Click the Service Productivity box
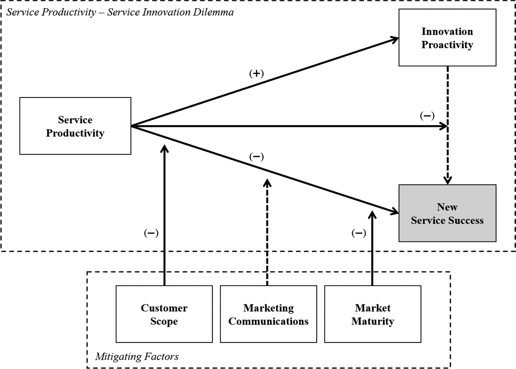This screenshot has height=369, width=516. (x=75, y=126)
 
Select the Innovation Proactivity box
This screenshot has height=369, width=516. (x=447, y=38)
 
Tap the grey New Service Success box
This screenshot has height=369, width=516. (x=447, y=213)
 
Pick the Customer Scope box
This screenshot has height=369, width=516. (x=164, y=314)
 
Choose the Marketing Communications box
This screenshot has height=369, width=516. (x=268, y=314)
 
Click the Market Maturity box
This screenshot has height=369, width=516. (x=373, y=314)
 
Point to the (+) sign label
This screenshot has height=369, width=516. (x=256, y=74)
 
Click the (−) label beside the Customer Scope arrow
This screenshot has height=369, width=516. (x=151, y=233)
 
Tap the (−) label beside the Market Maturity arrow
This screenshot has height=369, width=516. (x=359, y=233)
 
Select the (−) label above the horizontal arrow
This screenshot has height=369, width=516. (x=427, y=116)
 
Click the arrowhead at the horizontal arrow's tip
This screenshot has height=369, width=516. (x=443, y=126)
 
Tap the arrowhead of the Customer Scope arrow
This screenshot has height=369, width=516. (x=164, y=149)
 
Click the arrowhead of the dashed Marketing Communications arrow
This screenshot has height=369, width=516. (x=267, y=183)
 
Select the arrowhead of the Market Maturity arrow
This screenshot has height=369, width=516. (x=372, y=215)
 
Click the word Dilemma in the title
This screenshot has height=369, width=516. (x=213, y=12)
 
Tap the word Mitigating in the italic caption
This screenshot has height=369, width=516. (x=116, y=357)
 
